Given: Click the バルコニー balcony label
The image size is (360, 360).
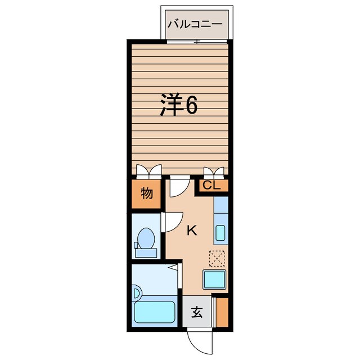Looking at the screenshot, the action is pos(195,24).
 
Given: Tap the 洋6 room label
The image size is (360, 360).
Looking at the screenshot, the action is pos(179,105).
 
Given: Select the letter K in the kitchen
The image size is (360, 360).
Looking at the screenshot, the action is pos(192,231).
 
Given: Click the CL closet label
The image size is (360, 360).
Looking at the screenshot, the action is pos(211,185).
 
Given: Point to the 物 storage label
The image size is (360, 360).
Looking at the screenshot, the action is pos(147,193).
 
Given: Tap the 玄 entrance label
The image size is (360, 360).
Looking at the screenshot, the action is pos(197,312).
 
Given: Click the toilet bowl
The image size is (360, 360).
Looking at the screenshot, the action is pos(146,238).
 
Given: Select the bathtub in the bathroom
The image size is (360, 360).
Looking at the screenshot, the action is pos(155,312).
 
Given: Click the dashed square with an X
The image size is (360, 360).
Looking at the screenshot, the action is pos(217,259).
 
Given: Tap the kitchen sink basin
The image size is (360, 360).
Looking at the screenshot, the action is pos(220,233).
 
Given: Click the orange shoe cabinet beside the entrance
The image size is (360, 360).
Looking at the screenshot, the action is pos(222,312).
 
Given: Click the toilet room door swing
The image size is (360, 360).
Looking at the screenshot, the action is pos(172,222).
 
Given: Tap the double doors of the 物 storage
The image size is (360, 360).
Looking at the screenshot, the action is pos(149,172).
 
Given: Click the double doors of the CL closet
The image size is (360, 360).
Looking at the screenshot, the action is pos(214,173).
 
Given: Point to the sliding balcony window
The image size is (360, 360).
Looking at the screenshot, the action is pos(197,42).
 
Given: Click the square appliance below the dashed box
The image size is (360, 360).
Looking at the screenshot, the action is pos(214,280).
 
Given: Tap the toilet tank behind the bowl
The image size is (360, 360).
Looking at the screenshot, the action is pos(146,253).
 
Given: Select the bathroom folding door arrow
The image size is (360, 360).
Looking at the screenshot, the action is pos(173,268).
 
